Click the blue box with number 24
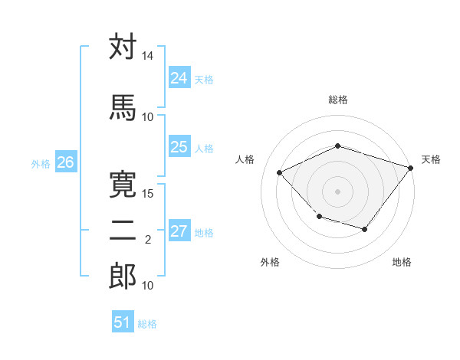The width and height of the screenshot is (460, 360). [x=179, y=78]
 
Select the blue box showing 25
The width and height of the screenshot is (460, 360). [x=179, y=147]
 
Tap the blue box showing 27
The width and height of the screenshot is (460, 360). [x=179, y=231]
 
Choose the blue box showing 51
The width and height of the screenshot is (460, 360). [x=123, y=322]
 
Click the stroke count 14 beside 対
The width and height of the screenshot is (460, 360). [x=148, y=57]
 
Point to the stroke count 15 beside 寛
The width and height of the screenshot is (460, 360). [x=148, y=193]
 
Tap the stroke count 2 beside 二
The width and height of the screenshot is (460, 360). [x=148, y=240]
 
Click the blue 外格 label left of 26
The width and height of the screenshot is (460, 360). [x=41, y=163]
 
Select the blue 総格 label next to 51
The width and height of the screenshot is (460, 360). [x=147, y=323]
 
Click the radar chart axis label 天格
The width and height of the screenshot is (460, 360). [x=431, y=159]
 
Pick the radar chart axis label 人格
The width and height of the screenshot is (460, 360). [x=245, y=159]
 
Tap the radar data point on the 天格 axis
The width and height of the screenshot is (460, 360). [x=411, y=168]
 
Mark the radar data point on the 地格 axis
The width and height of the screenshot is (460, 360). [x=365, y=230]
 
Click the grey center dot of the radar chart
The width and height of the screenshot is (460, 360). [x=337, y=191]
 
